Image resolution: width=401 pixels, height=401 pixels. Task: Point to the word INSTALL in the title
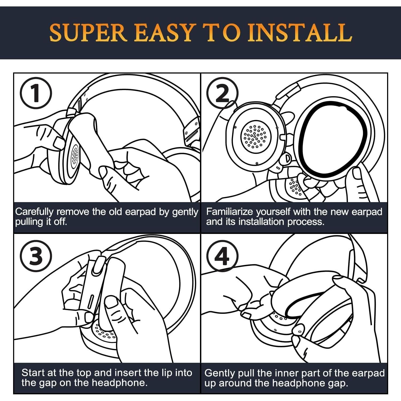(x=300, y=33)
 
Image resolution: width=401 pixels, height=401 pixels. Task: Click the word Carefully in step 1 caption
(x=34, y=212)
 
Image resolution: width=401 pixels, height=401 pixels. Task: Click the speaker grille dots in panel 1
(x=75, y=155)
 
